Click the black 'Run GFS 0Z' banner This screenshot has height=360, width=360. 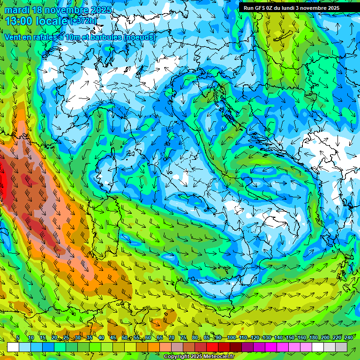pyautogui.click(x=295, y=8)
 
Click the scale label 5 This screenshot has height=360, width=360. pyautogui.click(x=18, y=337)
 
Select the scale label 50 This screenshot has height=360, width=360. pyautogui.click(x=124, y=337)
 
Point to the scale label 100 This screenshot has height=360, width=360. pyautogui.click(x=231, y=337)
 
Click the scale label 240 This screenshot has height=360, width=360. pyautogui.click(x=348, y=337)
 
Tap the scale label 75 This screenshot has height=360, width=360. pyautogui.click(x=183, y=337)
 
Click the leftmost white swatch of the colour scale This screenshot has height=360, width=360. pyautogui.click(x=13, y=347)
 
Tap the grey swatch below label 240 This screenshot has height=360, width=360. pyautogui.click(x=341, y=347)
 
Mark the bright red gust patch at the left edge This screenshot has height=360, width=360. pyautogui.click(x=4, y=180)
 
